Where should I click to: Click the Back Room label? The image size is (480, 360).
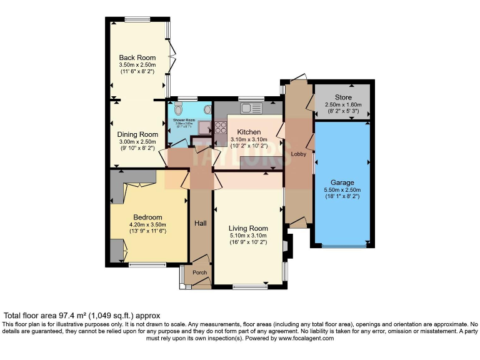[137, 57]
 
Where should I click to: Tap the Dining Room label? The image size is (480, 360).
[137, 134]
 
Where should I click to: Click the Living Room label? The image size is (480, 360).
[248, 228]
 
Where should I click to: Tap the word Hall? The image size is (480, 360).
[200, 222]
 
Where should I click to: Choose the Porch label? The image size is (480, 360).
[199, 272]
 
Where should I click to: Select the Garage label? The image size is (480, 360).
[342, 182]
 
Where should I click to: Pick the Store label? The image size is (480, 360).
[343, 97]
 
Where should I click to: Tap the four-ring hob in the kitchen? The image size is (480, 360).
[221, 127]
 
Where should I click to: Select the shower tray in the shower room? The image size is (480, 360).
[204, 127]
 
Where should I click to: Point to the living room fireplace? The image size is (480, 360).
[286, 245]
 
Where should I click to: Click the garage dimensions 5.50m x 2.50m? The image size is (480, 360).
[342, 190]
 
